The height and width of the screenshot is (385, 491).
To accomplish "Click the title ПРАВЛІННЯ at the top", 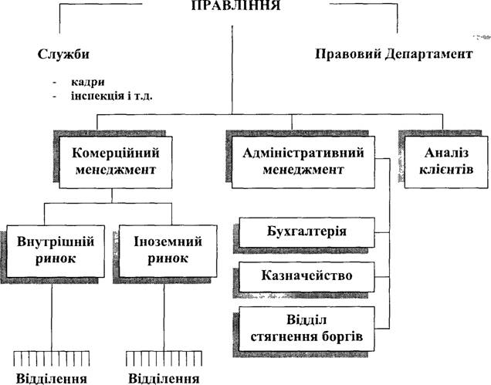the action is coord(235,5).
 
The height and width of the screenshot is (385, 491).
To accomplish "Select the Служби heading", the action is coord(63,54).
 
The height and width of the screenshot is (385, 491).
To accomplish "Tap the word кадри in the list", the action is coord(88,82).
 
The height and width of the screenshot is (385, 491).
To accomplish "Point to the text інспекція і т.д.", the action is coord(112,96).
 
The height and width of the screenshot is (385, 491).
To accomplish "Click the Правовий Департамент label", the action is coord(394,54).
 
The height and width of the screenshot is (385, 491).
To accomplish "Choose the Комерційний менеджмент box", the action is coord(116,162).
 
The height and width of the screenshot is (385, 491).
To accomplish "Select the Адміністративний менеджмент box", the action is coord(303,162).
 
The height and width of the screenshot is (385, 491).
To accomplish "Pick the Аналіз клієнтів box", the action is coord(446,162).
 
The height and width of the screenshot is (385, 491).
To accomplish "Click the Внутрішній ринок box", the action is coord(56,251).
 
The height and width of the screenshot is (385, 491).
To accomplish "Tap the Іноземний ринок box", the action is coord(168,251).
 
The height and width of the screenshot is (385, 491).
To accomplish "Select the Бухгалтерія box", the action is coord(307,232).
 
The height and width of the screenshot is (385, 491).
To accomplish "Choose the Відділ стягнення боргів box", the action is coord(307,329).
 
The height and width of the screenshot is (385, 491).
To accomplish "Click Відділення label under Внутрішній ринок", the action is coord(52,379).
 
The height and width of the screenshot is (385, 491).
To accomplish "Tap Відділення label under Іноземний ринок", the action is coord(164,379).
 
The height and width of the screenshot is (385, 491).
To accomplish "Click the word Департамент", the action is coord(428,54).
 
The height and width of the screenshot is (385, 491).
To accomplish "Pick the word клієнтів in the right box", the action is coord(446,170).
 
